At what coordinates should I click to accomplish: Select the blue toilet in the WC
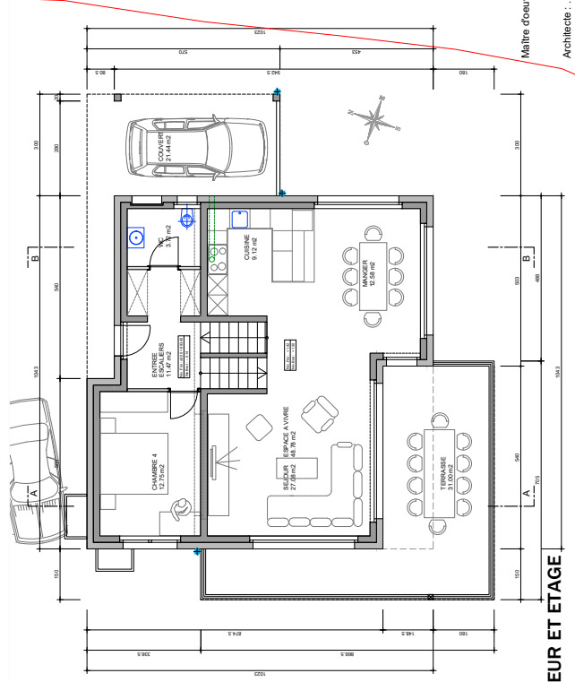187,218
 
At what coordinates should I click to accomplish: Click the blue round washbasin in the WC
137,238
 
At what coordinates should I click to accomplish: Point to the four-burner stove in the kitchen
216,257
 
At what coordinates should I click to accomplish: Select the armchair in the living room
318,414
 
